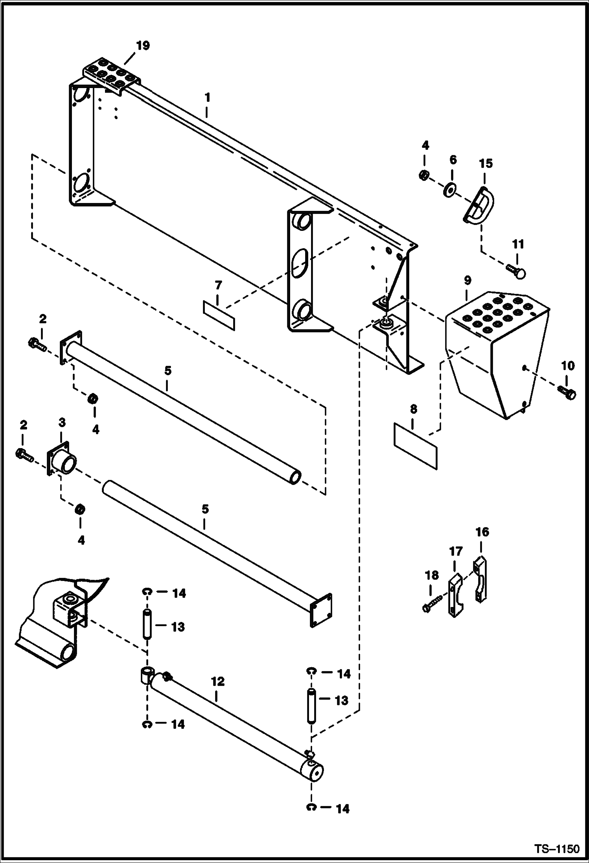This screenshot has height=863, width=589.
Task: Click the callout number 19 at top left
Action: point(143,46)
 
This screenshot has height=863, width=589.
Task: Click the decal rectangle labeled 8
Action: point(415,446)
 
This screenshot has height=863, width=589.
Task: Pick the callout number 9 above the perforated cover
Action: point(467,280)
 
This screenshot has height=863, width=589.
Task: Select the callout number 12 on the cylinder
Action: point(217,681)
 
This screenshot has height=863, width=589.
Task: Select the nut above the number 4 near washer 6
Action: point(424,175)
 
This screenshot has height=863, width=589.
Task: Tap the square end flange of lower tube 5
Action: point(321,610)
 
